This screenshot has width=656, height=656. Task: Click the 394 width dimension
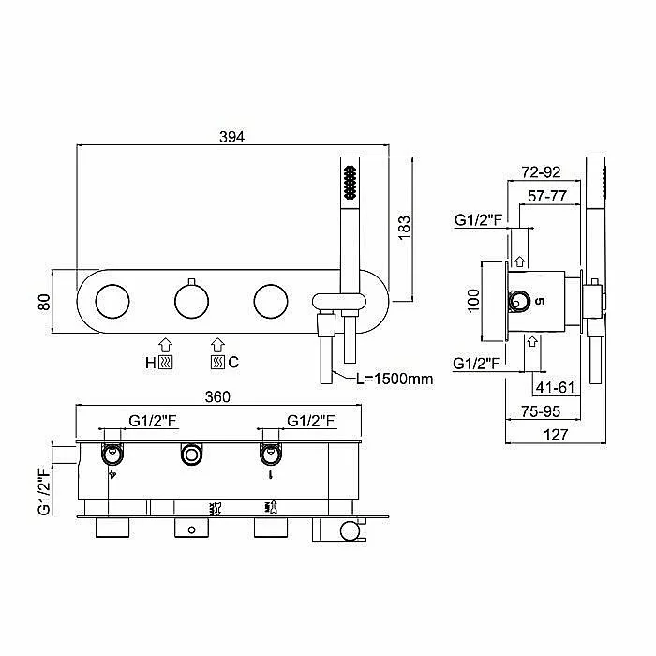231,137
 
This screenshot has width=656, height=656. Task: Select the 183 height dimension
404,228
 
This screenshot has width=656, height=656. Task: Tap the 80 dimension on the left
44,302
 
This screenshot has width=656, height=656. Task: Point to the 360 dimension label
217,396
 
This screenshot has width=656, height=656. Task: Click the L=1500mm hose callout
395,379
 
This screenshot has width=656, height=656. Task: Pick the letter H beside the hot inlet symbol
151,363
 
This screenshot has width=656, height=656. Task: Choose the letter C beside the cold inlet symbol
233,362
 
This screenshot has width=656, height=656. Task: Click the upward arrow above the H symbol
166,346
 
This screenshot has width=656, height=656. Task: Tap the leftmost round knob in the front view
112,301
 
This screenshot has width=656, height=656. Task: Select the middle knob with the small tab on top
191,301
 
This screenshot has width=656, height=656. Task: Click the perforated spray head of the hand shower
350,183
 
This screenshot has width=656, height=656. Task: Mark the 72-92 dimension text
541,171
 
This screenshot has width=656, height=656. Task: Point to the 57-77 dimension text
547,196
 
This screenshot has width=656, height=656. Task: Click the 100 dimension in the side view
473,301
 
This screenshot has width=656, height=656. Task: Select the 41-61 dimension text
555,387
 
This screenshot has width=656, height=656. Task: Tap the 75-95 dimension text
541,411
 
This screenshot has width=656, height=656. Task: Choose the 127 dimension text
556,435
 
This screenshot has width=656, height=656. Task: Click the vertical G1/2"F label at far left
44,491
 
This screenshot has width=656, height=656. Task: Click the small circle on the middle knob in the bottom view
191,530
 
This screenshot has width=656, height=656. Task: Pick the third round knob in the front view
271,301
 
